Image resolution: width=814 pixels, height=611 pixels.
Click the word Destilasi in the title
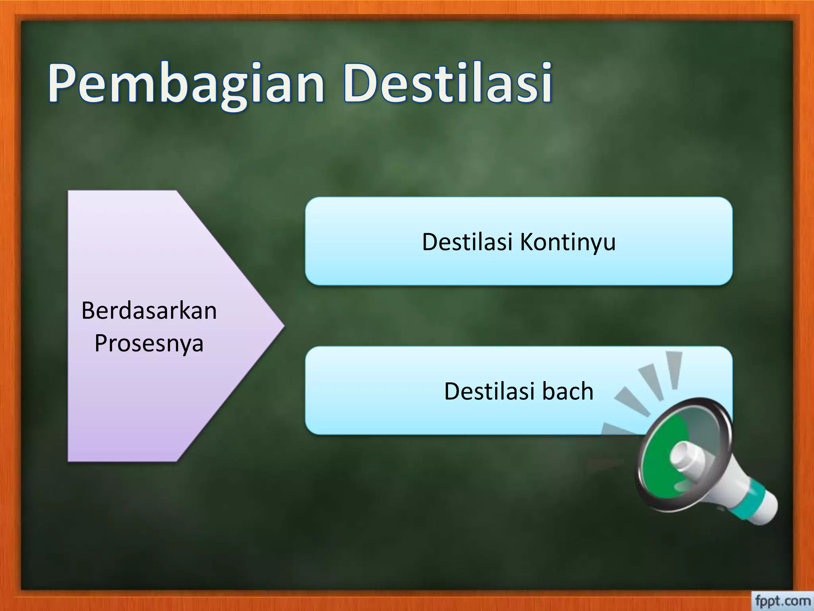point(447,84)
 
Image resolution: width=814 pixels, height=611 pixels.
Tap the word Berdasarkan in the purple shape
point(149,311)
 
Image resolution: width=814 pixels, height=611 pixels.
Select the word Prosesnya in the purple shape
point(149,343)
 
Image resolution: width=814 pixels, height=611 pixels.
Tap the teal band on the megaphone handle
point(747,499)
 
